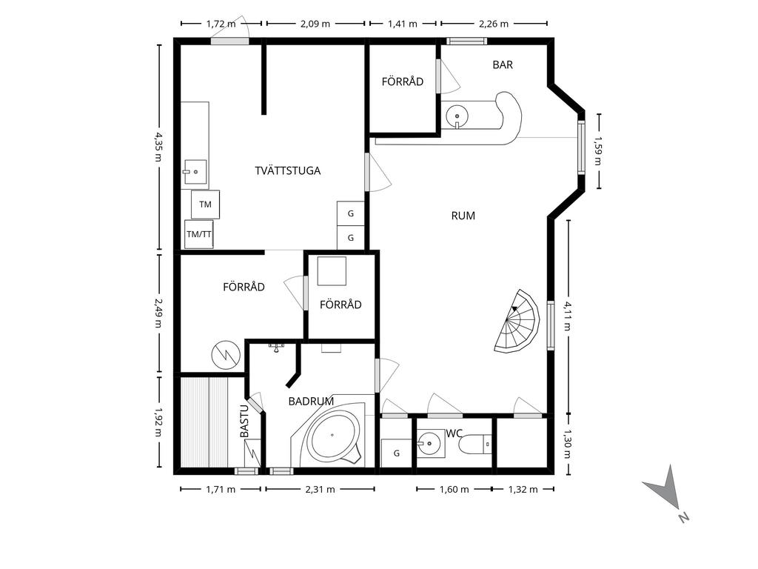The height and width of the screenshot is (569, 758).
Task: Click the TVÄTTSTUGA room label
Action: coord(288,171)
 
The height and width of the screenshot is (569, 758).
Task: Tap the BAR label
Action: coord(503,65)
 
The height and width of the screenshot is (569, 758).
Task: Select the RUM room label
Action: coord(463,216)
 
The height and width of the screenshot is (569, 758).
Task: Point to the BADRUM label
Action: coord(311,401)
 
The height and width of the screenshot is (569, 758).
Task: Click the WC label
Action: coord(454,433)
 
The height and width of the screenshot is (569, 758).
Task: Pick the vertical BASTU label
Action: coord(244,422)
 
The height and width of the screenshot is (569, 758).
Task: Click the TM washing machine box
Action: coord(206,204)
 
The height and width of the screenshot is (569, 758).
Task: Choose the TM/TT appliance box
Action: coord(198,234)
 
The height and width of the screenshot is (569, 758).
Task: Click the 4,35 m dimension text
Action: coord(158,147)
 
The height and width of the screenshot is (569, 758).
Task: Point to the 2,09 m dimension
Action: coord(315,23)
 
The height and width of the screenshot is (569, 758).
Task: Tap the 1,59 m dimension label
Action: coord(598,151)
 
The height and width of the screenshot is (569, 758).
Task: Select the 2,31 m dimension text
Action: coord(320,489)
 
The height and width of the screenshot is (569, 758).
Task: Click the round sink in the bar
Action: coord(457,116)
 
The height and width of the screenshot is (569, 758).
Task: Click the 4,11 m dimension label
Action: coord(568,316)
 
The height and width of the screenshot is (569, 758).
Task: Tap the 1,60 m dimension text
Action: coord(454,489)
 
